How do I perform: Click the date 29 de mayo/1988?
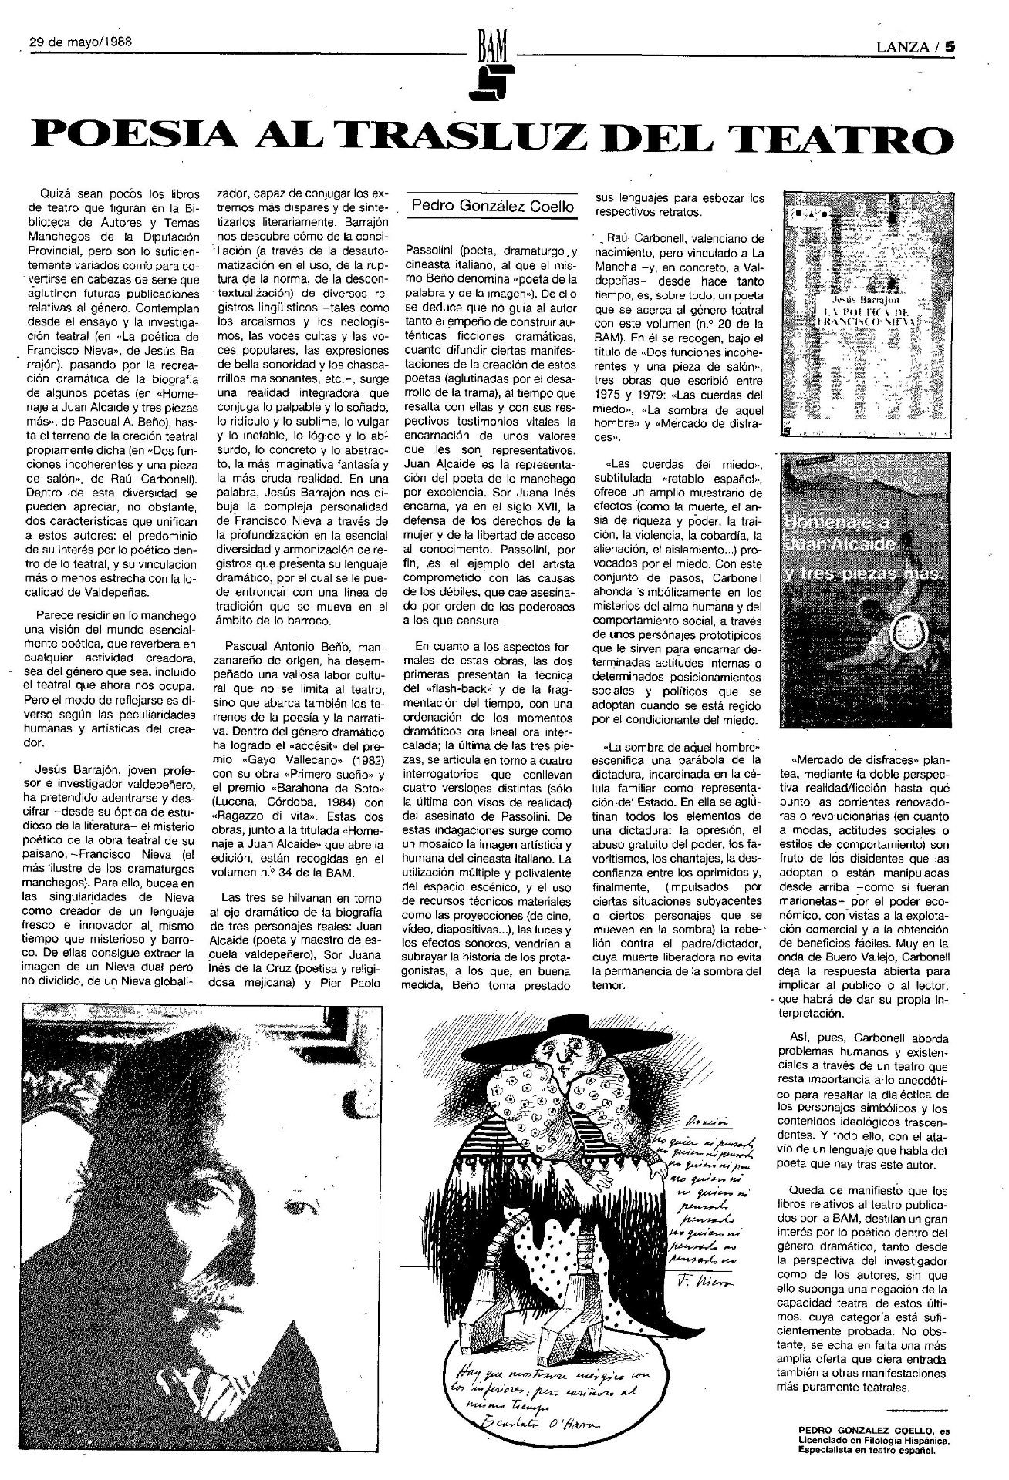(79, 43)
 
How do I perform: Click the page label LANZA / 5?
(916, 45)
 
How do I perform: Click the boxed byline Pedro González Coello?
(493, 206)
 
